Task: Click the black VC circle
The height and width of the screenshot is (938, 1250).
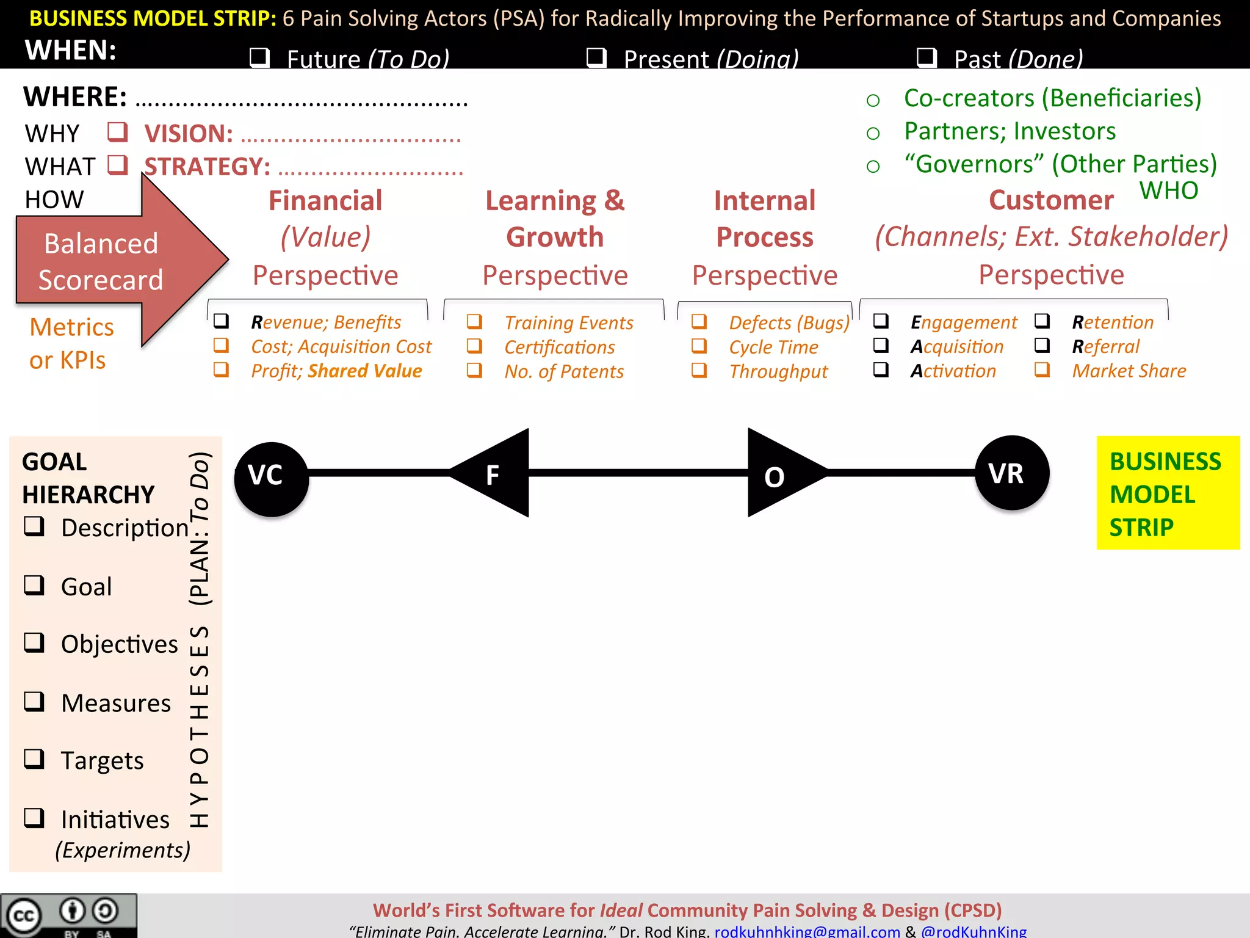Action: tap(272, 479)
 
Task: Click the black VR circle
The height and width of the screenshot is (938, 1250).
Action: tap(1012, 473)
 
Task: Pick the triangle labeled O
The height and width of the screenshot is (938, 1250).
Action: tap(778, 473)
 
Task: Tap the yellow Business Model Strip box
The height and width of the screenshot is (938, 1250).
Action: tap(1168, 492)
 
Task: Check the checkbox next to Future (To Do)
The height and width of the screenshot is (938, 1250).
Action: tap(260, 57)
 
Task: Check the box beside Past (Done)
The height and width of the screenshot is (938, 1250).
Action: tap(927, 57)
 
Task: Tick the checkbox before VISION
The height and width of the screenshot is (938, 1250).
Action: tap(117, 132)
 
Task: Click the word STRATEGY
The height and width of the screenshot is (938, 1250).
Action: tap(208, 167)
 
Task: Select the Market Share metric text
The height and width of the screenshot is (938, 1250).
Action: tap(1129, 371)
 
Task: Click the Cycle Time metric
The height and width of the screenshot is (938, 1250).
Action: tap(773, 347)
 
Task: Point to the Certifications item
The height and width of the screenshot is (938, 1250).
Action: tap(559, 347)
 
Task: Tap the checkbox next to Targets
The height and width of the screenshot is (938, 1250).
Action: tap(34, 758)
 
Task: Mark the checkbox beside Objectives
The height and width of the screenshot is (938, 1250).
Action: tap(34, 642)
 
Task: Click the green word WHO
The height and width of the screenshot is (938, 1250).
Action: tap(1169, 191)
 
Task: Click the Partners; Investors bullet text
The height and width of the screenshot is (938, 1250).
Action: tap(1010, 131)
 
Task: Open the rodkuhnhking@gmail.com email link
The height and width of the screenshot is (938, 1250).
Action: tap(807, 931)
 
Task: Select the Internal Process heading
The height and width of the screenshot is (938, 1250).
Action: tap(765, 219)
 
